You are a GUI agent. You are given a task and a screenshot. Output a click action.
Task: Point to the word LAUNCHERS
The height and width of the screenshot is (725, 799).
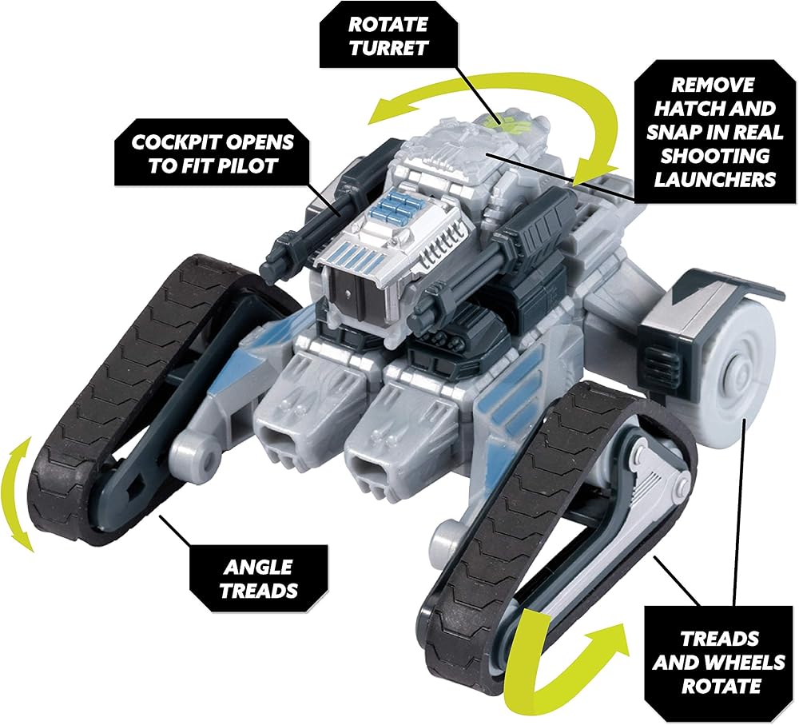pyautogui.click(x=714, y=178)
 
